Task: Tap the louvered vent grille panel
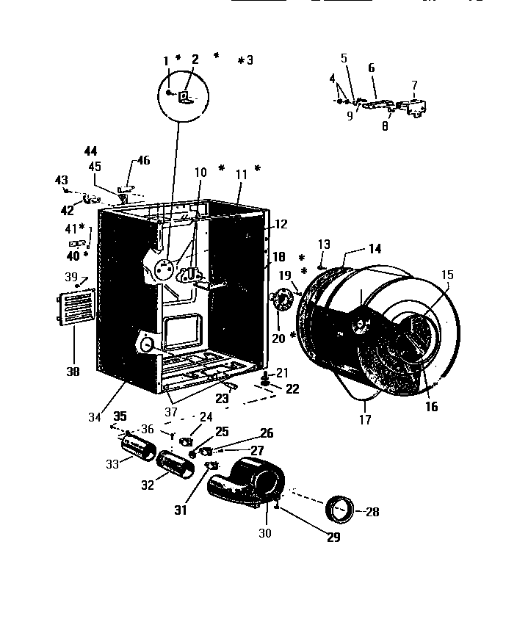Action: (77, 308)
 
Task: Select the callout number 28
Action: (373, 512)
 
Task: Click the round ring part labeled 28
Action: (340, 508)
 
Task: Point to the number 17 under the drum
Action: (365, 420)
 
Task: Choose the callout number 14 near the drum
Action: (375, 249)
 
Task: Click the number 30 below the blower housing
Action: (265, 534)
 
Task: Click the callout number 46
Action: (143, 160)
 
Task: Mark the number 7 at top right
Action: (414, 84)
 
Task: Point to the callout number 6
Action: (372, 68)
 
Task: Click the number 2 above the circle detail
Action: (195, 59)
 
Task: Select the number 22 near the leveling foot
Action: (292, 388)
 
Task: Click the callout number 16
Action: (432, 405)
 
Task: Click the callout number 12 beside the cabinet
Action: (281, 224)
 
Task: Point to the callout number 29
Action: (334, 538)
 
